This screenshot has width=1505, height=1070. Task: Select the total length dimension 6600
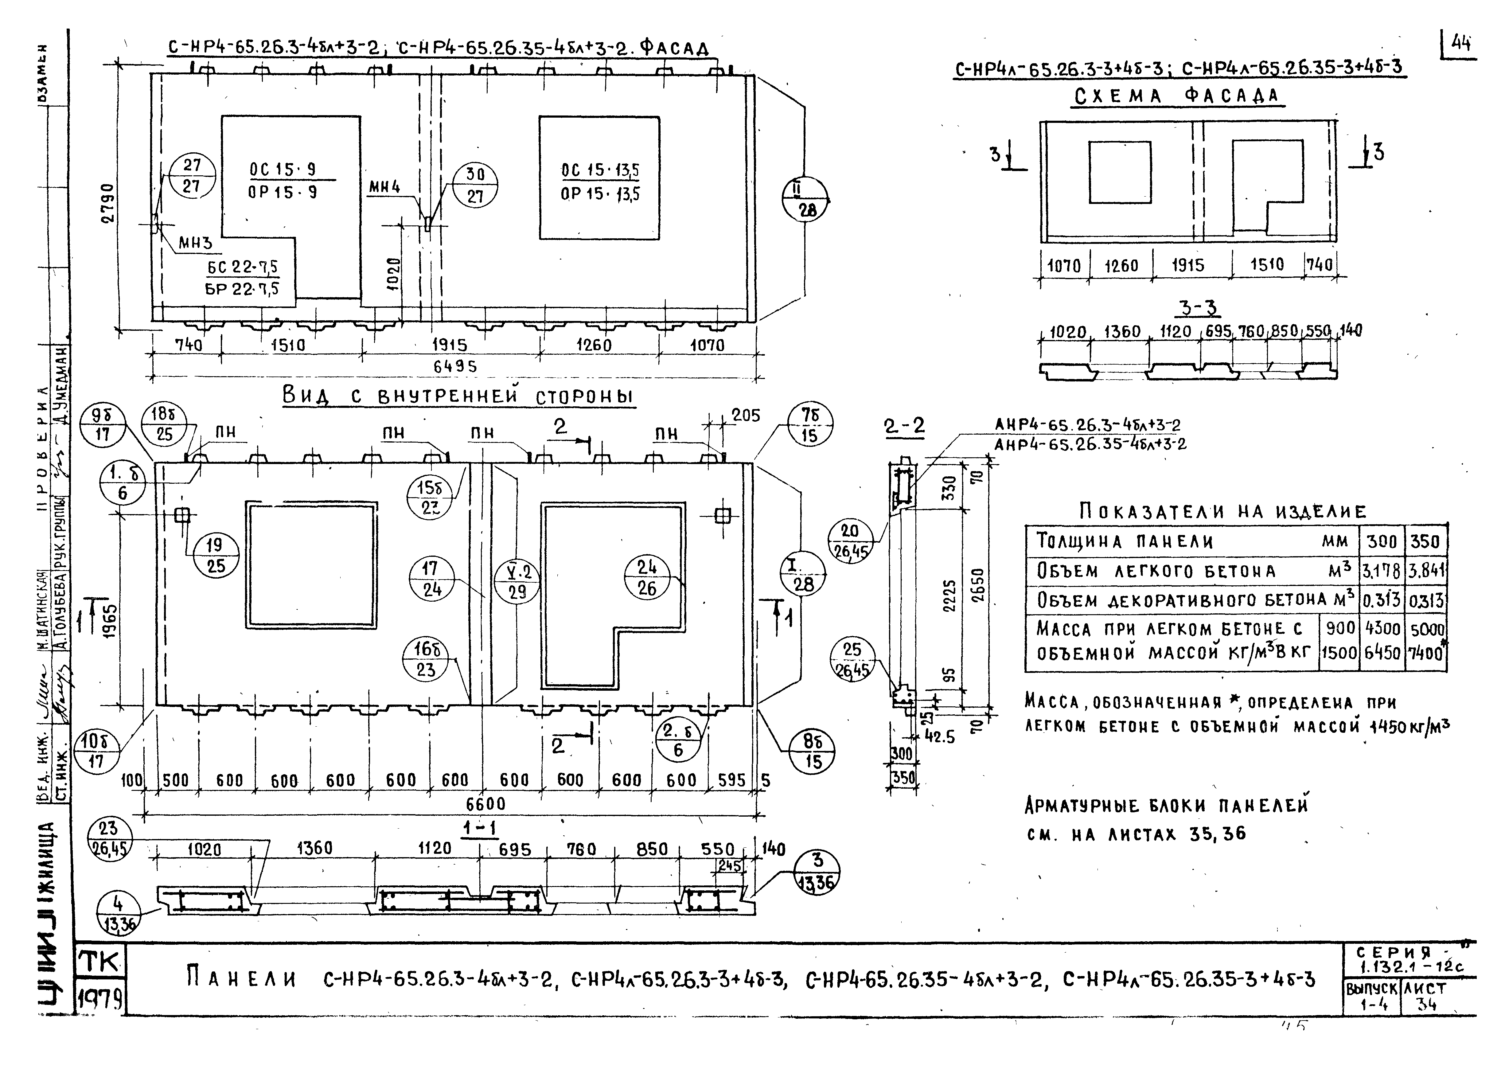pyautogui.click(x=486, y=804)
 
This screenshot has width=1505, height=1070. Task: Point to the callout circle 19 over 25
pyautogui.click(x=215, y=556)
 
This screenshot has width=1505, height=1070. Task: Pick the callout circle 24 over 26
pyautogui.click(x=647, y=578)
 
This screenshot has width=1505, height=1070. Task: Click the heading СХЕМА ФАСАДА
pyautogui.click(x=1176, y=97)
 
